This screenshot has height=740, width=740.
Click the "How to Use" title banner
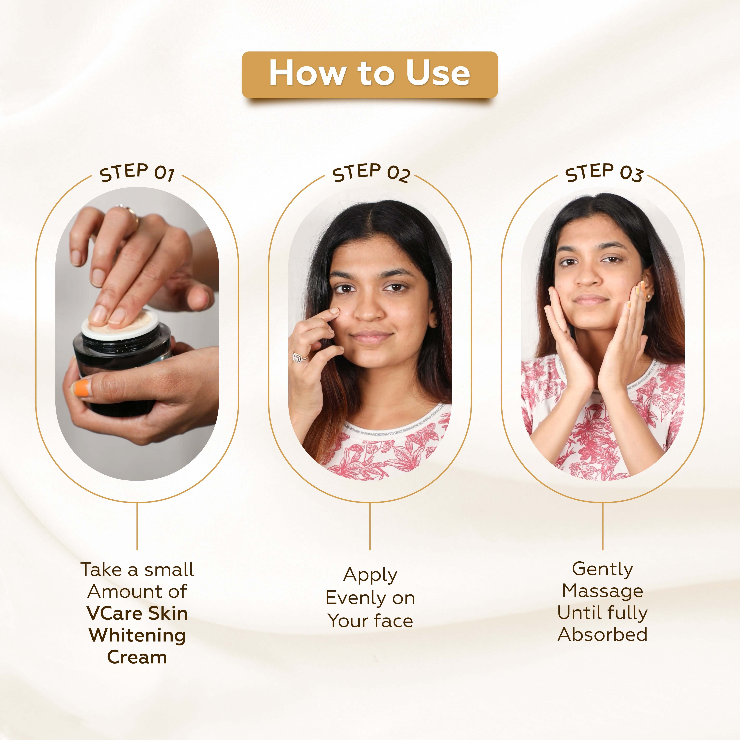coord(370,74)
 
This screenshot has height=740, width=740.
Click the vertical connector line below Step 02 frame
coord(370,527)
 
